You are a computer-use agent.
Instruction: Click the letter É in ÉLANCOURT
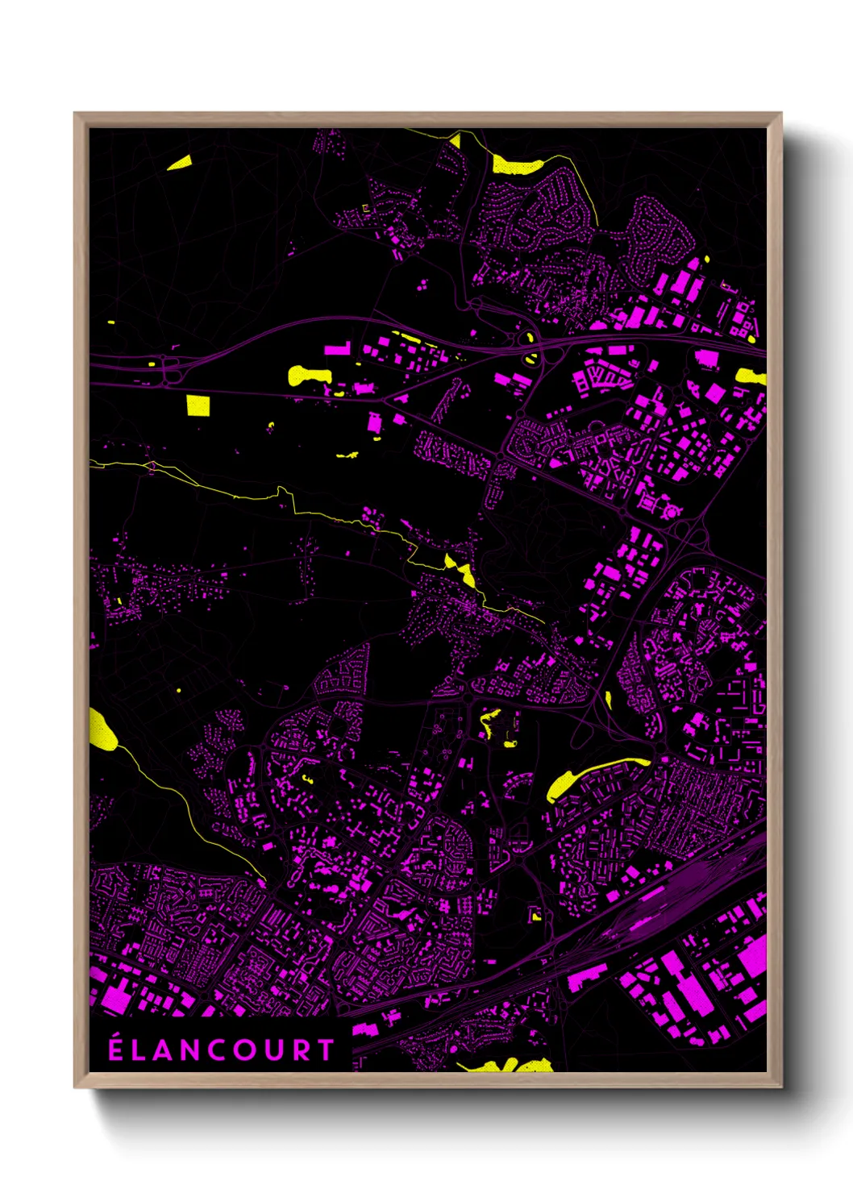(x=116, y=1049)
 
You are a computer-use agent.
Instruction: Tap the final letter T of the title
(x=326, y=1050)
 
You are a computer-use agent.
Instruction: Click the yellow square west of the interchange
(x=198, y=405)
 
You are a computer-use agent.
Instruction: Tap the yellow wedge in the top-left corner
(x=180, y=164)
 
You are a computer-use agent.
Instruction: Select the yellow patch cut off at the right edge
(x=751, y=376)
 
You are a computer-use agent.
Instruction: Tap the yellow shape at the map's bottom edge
(x=508, y=1065)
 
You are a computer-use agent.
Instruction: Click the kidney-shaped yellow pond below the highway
(x=309, y=375)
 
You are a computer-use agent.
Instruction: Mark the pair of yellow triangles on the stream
(x=460, y=569)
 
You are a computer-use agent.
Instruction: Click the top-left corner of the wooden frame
(x=76, y=114)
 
